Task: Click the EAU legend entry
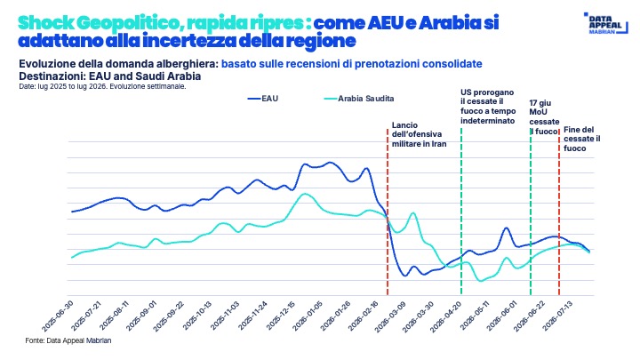(x=263, y=99)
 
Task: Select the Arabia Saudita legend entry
(x=359, y=99)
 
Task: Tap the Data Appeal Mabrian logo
(x=605, y=23)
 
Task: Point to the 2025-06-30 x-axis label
(x=58, y=316)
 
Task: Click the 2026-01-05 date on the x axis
(x=308, y=316)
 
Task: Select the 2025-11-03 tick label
(x=225, y=316)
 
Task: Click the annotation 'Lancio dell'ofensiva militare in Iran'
(x=419, y=134)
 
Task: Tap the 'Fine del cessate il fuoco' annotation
(x=582, y=139)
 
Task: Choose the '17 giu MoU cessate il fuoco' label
(x=544, y=117)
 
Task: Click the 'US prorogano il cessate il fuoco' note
(x=488, y=107)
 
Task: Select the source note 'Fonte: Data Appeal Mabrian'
(x=68, y=340)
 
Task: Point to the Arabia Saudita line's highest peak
(x=304, y=194)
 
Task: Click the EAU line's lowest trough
(x=405, y=276)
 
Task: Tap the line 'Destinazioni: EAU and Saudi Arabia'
(x=110, y=76)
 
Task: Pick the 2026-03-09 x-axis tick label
(x=390, y=316)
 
